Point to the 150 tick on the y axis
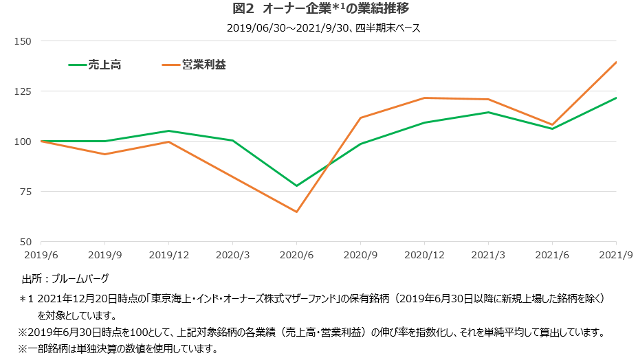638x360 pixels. [x=23, y=41]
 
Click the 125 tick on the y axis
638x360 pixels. [x=23, y=91]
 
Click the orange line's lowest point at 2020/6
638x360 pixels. [x=296, y=212]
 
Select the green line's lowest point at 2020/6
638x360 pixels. [x=296, y=186]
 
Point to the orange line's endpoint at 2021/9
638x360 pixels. [x=616, y=63]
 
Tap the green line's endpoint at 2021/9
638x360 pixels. [x=616, y=98]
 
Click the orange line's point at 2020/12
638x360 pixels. [x=424, y=98]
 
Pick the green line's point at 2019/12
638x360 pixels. [x=168, y=131]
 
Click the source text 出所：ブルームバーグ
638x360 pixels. [x=65, y=278]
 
